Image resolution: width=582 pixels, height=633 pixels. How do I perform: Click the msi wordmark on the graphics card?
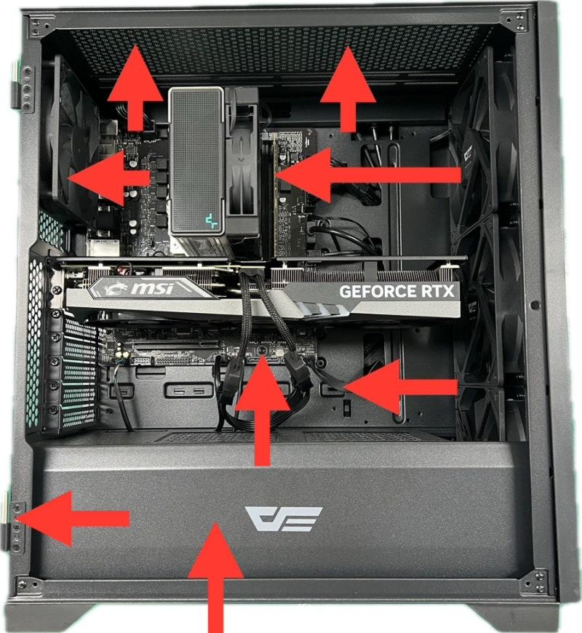point(153,289)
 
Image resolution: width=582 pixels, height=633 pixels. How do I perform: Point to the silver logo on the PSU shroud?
point(283,519)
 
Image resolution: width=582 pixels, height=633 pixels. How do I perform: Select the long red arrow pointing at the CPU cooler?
point(368,175)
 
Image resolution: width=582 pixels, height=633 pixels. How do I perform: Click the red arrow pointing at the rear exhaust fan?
point(109,178)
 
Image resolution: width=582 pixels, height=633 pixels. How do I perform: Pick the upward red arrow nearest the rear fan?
point(136,87)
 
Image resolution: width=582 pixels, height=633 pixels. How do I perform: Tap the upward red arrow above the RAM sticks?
point(348,89)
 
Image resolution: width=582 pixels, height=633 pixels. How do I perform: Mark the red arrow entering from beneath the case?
point(216,578)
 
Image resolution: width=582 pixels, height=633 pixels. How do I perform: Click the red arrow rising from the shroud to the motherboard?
point(263,410)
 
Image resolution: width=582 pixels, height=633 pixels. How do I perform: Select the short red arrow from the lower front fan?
point(401,388)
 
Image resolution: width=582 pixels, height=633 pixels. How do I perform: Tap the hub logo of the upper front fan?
point(469,156)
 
